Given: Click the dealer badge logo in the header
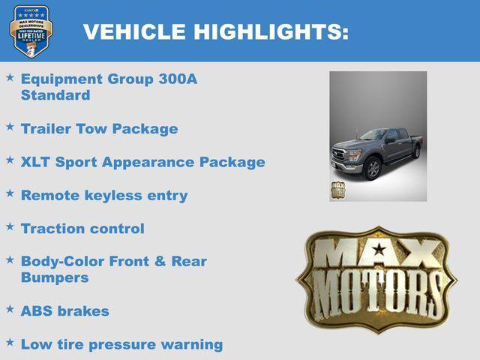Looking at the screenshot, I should click(31, 31).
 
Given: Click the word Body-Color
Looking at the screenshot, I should click(62, 262).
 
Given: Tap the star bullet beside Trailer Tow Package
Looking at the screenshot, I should click(10, 127).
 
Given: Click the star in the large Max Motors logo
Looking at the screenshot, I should click(379, 249).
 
